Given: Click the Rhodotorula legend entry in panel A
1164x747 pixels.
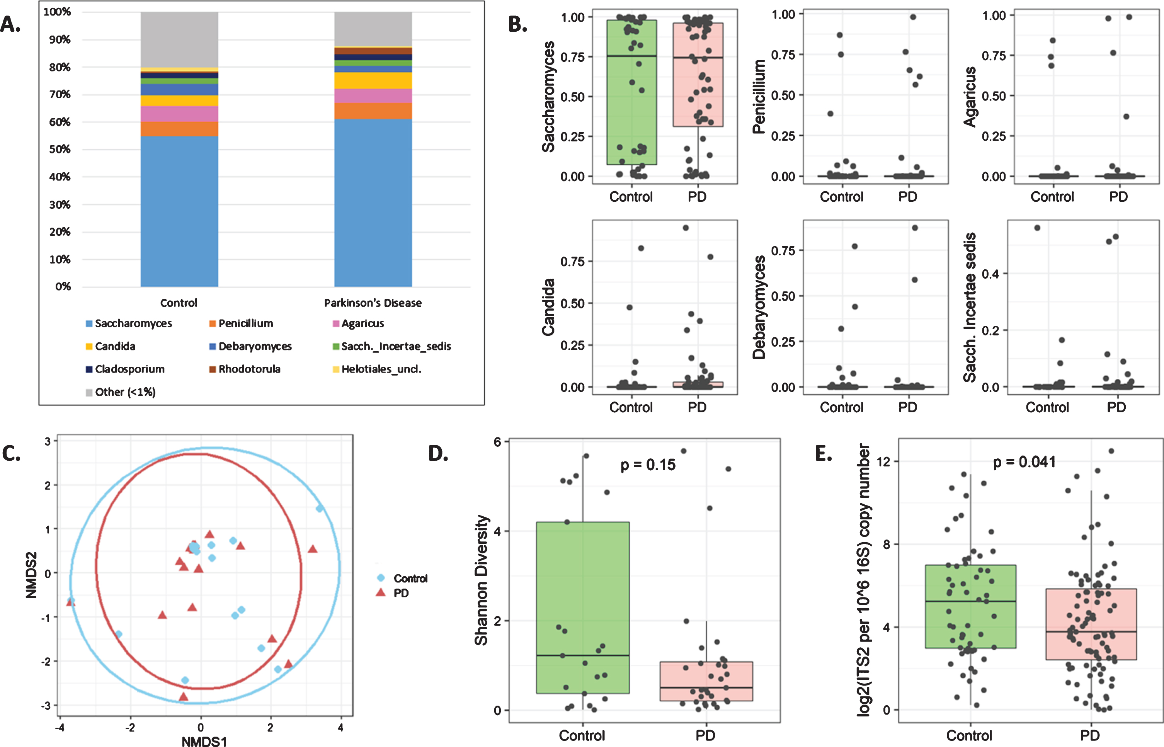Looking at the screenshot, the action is coord(245,369).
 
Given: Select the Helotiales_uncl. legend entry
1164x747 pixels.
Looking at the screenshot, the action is coord(377,369).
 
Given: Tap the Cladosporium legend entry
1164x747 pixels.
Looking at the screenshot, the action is coord(125,369).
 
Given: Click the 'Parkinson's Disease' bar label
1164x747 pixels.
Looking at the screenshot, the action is coord(373,303).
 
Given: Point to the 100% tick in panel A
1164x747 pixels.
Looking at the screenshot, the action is coord(57,12).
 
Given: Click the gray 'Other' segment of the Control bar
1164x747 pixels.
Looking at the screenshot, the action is coord(179,40).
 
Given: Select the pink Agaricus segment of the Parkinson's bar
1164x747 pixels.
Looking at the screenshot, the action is coord(373,95).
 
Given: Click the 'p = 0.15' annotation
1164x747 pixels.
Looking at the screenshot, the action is coord(648,465).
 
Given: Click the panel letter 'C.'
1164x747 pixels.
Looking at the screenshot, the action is coord(11,454).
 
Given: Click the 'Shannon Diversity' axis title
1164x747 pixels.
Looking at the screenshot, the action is coord(481,580).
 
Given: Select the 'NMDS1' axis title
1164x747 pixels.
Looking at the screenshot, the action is coord(204,741).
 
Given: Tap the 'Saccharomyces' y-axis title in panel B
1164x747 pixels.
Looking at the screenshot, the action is coord(548,97).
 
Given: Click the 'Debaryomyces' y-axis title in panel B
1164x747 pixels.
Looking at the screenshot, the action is coord(759,308).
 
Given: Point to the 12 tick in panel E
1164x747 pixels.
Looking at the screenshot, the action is coord(884,461).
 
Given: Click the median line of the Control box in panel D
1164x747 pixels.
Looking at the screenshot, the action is coord(583,655).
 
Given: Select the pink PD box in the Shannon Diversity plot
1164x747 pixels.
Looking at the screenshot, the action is coord(706,681).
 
